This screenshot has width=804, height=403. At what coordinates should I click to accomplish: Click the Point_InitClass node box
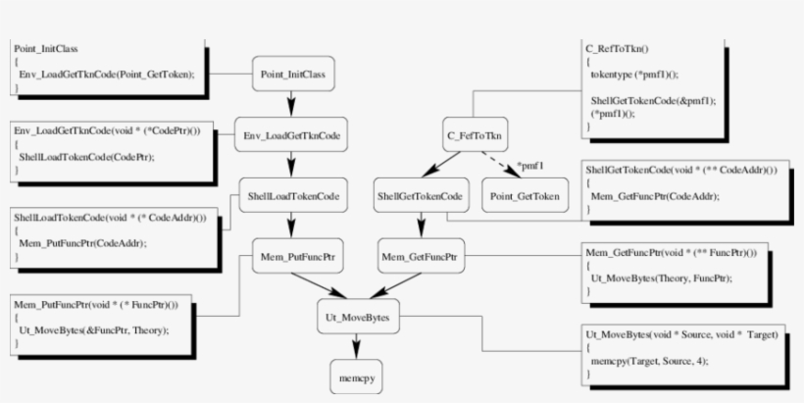click(x=294, y=74)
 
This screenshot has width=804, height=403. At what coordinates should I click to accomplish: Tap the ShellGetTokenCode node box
click(x=420, y=196)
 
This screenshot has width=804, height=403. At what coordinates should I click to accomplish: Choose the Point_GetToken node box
click(x=527, y=196)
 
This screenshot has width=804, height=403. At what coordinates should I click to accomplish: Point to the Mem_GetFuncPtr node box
click(x=420, y=257)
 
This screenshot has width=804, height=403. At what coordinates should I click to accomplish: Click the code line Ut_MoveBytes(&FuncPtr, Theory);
click(x=93, y=329)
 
